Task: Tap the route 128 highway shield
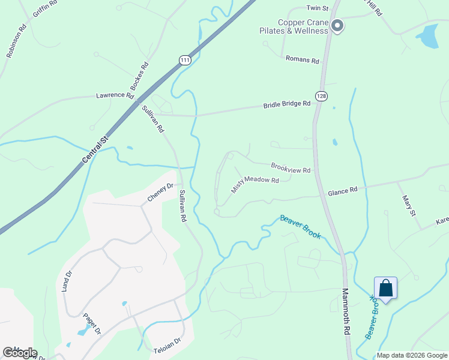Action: (x=322, y=97)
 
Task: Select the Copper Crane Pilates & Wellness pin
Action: (x=337, y=26)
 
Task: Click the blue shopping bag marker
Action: (x=385, y=289)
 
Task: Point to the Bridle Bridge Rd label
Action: (x=286, y=104)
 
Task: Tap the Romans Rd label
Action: (x=302, y=60)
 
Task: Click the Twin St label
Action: (x=318, y=8)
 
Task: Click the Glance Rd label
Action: (x=342, y=190)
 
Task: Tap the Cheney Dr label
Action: (x=160, y=193)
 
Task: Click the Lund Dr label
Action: (x=67, y=280)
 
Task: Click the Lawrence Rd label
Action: (x=115, y=95)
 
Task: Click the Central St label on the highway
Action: (x=95, y=150)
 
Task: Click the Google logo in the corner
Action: (x=20, y=353)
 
